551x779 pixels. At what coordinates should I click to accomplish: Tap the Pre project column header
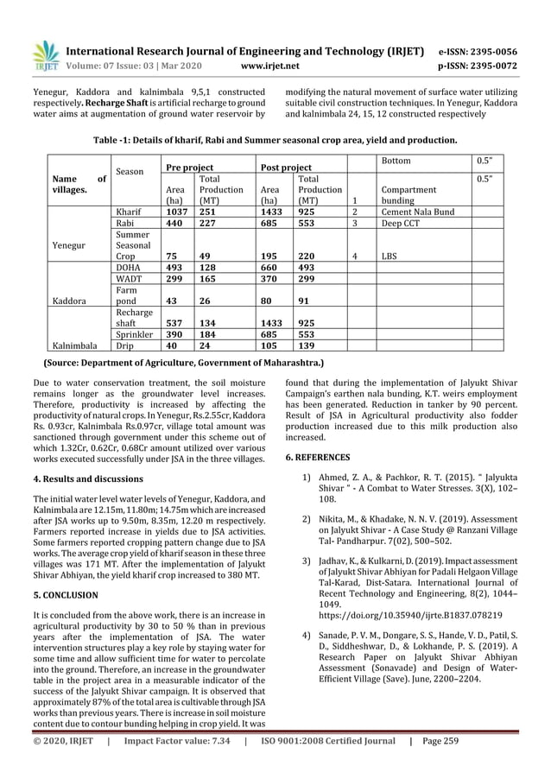tap(190, 167)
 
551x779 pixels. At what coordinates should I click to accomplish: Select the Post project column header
tap(287, 167)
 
